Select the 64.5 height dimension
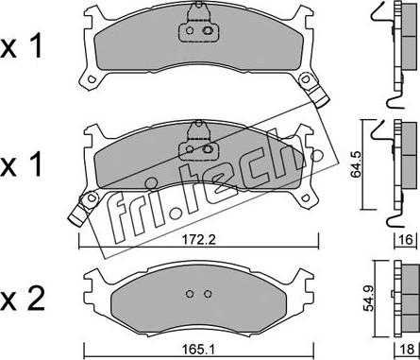357,164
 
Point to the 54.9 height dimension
369,298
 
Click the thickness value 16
407,240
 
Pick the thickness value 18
407,350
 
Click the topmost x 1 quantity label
21,47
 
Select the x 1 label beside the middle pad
21,165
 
